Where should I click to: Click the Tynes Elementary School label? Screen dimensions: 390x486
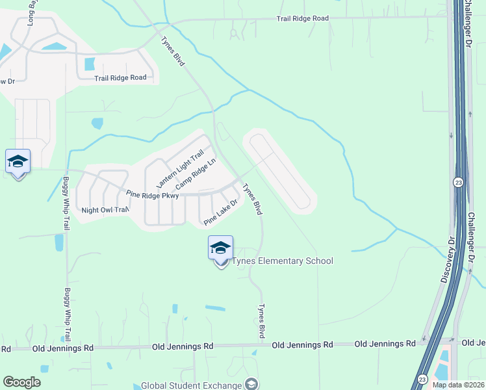tap(283, 261)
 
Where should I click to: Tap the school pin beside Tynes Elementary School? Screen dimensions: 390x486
tap(220, 250)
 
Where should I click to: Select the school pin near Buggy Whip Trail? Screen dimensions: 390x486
tap(18, 162)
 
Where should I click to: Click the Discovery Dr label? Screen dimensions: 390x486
tap(446, 264)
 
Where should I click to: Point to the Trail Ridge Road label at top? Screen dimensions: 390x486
tap(302, 19)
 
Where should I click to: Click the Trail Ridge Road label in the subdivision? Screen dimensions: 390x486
tap(120, 78)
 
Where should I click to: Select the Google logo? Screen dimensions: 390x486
tap(21, 382)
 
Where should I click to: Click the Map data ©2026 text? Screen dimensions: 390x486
tap(458, 385)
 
